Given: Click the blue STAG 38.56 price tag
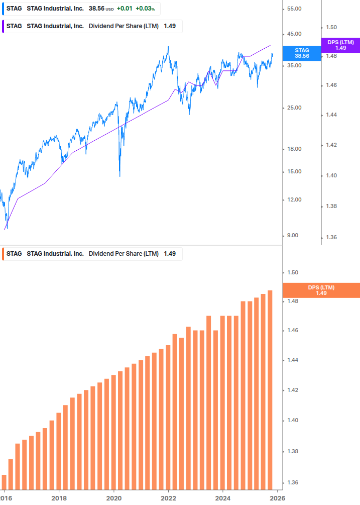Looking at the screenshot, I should [x=302, y=53].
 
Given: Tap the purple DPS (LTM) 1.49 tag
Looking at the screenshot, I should [x=340, y=45].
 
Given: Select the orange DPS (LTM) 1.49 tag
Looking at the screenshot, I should [x=321, y=290].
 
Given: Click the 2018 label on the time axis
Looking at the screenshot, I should [x=59, y=498].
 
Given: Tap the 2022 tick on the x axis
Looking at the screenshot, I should [x=168, y=498].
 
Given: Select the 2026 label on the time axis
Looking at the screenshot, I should [x=277, y=498].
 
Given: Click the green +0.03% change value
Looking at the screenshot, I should [x=145, y=9].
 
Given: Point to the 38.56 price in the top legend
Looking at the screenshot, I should [x=96, y=9].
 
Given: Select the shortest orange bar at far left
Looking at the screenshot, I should [x=4, y=481].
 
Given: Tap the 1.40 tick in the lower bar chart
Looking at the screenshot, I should [x=292, y=421].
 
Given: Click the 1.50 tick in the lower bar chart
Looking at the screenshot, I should [x=292, y=273].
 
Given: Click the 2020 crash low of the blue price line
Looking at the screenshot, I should [x=119, y=176].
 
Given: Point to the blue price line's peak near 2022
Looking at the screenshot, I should [x=168, y=47].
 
